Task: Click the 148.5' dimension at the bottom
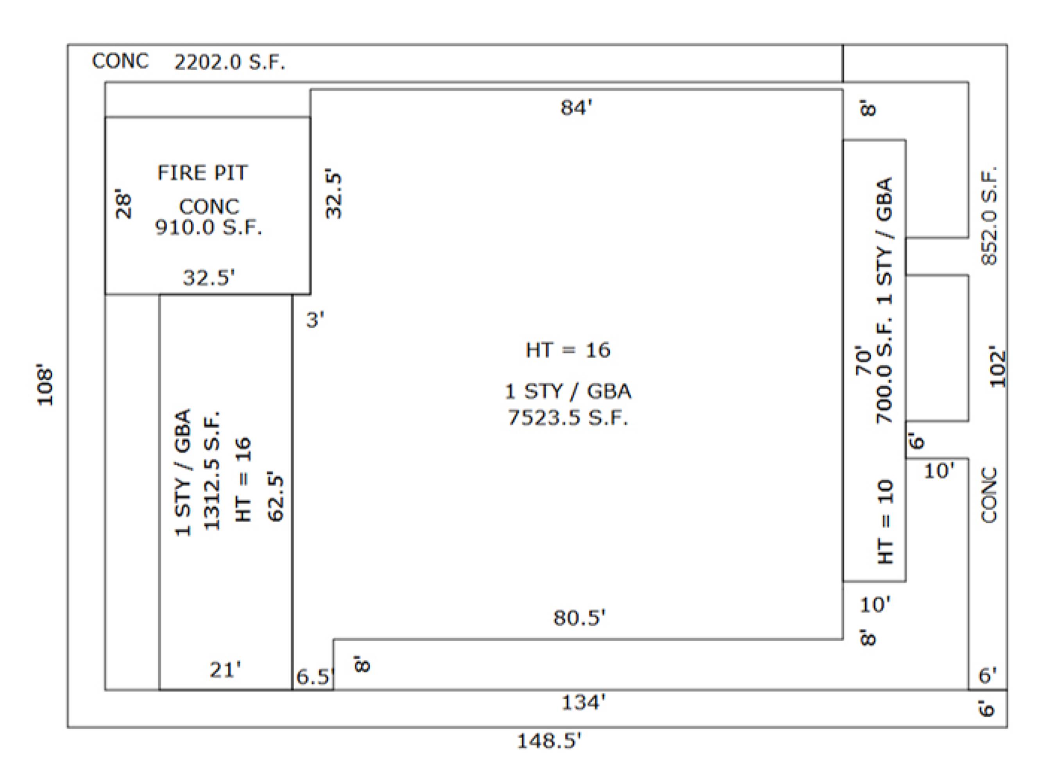coord(549,741)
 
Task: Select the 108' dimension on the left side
coord(45,384)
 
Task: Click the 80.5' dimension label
coord(580,618)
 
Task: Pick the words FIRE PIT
coord(202,173)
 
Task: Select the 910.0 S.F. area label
coord(208,227)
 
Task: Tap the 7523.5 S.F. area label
coord(568,417)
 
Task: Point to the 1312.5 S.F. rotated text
coord(212,470)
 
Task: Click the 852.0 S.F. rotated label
coord(989,216)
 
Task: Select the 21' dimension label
coord(225,670)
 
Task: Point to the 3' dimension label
coord(315,320)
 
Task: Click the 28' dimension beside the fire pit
coord(124,204)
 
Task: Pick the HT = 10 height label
coord(885,522)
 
